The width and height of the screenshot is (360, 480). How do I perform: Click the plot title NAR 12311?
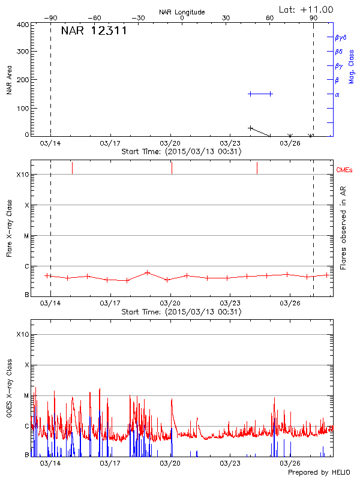point(94,31)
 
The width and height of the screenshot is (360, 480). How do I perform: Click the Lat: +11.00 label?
point(307,10)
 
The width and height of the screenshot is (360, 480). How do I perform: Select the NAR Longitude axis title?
point(182,12)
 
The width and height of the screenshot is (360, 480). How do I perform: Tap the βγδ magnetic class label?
point(341,37)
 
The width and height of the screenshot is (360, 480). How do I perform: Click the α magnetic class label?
point(337,94)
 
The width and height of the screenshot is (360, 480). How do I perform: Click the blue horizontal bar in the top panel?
point(260,94)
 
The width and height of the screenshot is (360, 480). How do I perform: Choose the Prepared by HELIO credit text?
point(318,473)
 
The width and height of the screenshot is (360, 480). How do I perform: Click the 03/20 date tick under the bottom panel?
point(171,463)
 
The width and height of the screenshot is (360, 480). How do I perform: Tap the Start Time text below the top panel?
point(181,152)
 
